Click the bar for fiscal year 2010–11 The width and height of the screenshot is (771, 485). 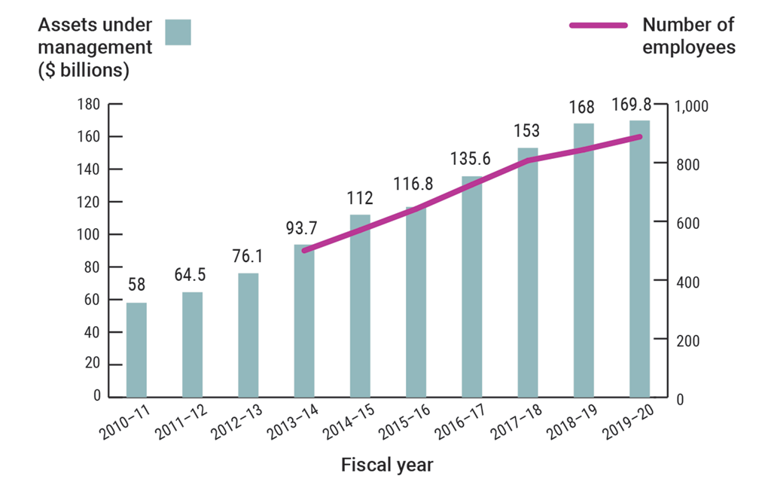coord(136,349)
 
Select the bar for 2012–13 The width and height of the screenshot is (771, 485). coord(248,334)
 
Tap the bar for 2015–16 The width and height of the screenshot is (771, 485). coord(416,301)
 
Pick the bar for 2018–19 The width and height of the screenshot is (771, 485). coord(584,260)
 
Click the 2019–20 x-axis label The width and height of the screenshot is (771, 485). coord(629,431)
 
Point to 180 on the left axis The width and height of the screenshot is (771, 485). coord(90,105)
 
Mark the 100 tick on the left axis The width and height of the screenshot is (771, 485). coord(90,235)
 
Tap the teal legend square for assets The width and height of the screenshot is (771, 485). coord(178,32)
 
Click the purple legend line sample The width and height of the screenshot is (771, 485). coord(598,26)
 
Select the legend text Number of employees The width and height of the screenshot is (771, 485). coord(688,36)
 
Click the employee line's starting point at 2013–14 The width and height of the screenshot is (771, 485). coord(304,251)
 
